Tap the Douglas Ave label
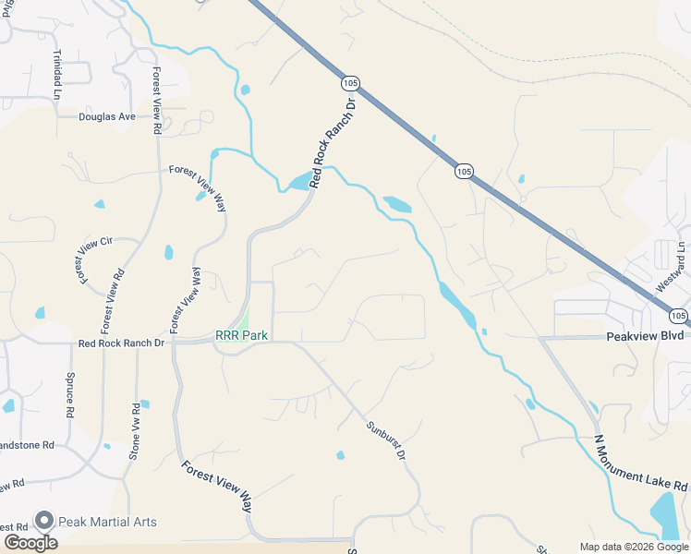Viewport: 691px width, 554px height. tap(107, 117)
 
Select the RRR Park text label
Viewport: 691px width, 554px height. tap(241, 336)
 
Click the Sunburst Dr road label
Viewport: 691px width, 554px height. tap(385, 440)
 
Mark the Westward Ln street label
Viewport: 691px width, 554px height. tap(672, 267)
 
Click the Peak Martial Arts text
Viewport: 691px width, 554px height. tap(107, 522)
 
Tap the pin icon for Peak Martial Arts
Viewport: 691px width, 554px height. tap(42, 522)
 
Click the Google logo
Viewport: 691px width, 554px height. tap(30, 542)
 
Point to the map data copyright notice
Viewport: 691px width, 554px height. tap(634, 547)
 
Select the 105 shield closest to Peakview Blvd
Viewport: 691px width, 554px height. tap(679, 315)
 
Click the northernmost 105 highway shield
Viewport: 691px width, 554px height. tap(349, 83)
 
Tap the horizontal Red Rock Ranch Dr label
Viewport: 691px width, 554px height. tap(121, 343)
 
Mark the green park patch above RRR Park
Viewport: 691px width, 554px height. tap(246, 319)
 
